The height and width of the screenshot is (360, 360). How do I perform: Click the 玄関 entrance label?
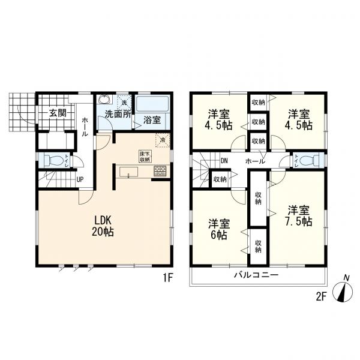click(x=58, y=112)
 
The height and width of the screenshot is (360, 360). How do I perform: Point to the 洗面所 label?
click(x=118, y=113)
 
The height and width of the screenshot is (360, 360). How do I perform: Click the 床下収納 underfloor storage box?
click(x=145, y=157)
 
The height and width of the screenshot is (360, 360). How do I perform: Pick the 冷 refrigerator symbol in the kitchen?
click(x=162, y=140)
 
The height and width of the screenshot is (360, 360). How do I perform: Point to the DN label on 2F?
click(x=224, y=161)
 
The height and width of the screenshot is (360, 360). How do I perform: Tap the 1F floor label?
click(x=168, y=278)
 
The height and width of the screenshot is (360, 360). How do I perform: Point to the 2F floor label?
click(x=321, y=296)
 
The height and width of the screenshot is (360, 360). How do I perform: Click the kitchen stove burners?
click(x=160, y=171)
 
